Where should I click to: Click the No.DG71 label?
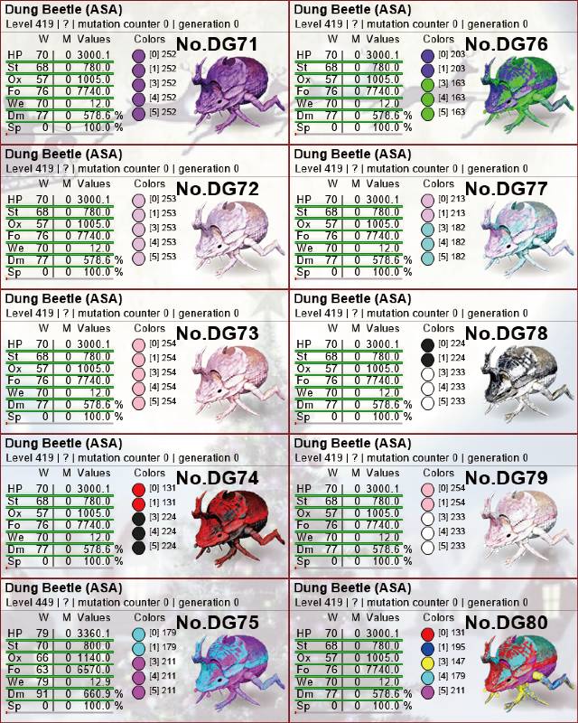(x=217, y=44)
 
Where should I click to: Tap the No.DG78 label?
(x=506, y=333)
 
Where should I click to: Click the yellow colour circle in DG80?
(x=428, y=663)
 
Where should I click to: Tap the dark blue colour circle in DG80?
(x=428, y=649)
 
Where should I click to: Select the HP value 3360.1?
(x=94, y=634)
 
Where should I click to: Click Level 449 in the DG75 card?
(x=30, y=602)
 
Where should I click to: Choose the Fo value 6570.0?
(x=94, y=670)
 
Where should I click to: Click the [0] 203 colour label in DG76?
(x=452, y=54)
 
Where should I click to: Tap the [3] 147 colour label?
(x=452, y=662)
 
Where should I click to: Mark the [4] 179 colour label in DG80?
(x=452, y=675)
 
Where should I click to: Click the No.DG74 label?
(x=217, y=478)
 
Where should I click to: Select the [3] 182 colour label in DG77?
(x=452, y=228)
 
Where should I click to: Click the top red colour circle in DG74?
(x=139, y=490)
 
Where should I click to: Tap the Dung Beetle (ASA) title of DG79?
(x=352, y=443)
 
